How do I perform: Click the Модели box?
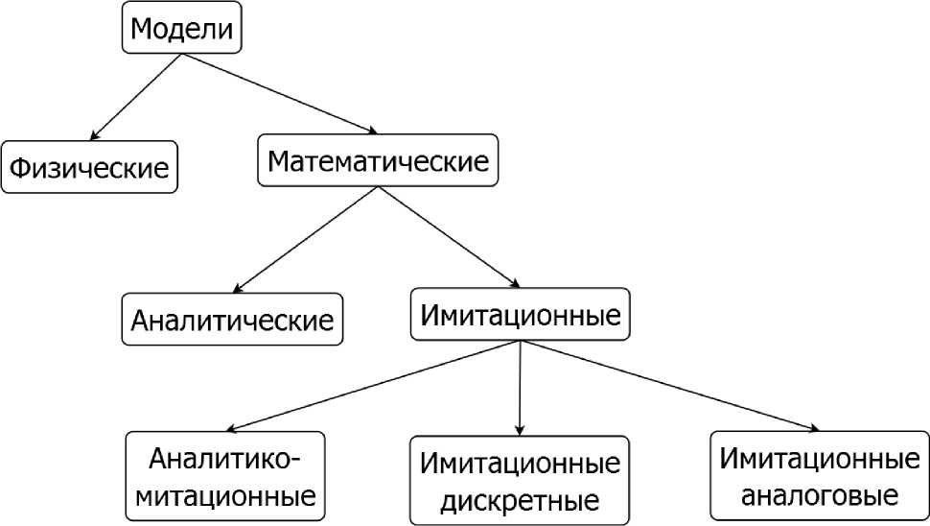point(181,29)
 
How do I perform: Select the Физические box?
point(89,167)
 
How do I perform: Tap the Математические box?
point(378,160)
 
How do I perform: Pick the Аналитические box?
point(232,319)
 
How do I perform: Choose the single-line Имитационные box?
point(521,314)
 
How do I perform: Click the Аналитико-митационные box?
point(225,477)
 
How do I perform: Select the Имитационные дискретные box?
point(520,481)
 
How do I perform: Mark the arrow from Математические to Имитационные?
point(449,237)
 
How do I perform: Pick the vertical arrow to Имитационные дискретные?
point(520,388)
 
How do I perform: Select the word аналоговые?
point(820,496)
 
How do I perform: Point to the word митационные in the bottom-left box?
point(225,497)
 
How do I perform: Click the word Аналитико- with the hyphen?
point(225,458)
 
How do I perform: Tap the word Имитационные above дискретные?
point(520,465)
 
